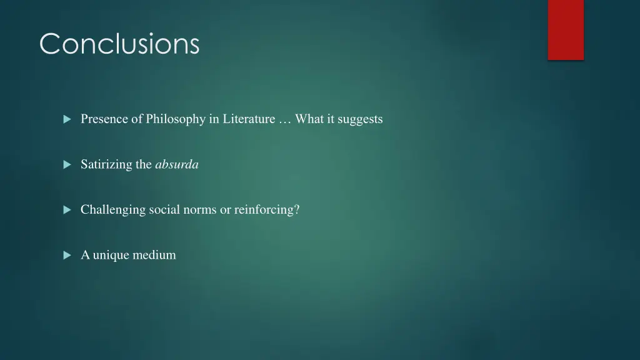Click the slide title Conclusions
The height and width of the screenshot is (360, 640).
(x=119, y=44)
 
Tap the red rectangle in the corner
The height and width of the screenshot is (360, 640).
(x=566, y=29)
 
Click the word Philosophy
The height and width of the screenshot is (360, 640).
(x=175, y=119)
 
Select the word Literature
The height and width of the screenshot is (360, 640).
(x=249, y=119)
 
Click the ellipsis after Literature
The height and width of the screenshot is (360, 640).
(x=284, y=119)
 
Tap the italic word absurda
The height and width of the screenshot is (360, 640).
(x=177, y=164)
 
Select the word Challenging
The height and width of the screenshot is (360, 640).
(x=112, y=210)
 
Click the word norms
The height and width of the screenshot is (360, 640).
(x=199, y=210)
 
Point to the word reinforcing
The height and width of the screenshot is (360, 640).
(x=264, y=210)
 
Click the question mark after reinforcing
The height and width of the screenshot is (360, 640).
(x=297, y=210)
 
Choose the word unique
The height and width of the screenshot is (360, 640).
(x=110, y=255)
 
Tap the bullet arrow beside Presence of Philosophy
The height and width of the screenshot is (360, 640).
(x=67, y=119)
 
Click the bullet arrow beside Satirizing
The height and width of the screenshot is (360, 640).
(x=67, y=165)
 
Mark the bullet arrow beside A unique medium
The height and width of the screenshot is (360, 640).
(x=67, y=256)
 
